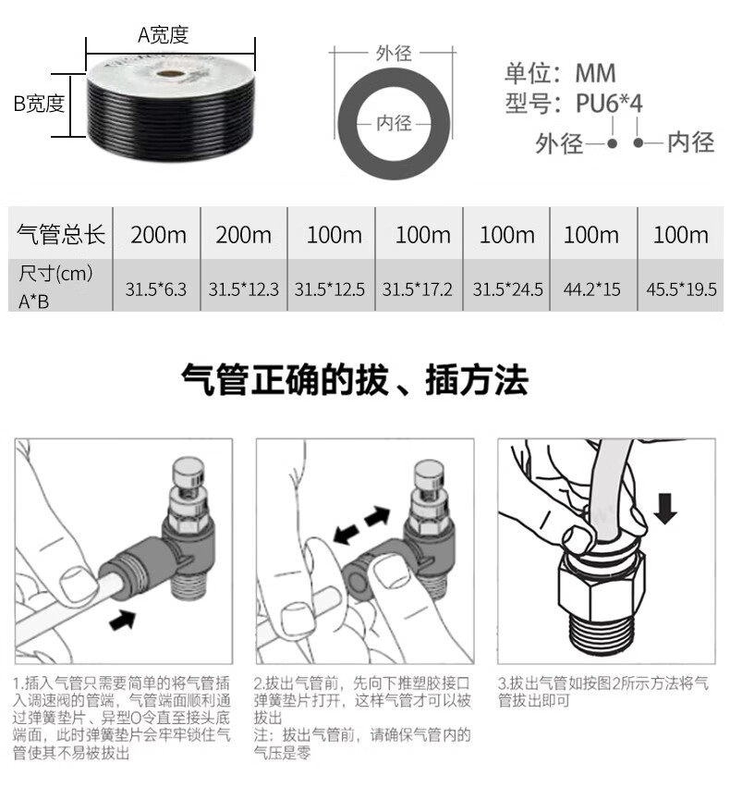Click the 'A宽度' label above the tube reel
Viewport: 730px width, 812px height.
pos(163,35)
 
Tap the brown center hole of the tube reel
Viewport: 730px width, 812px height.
pos(170,74)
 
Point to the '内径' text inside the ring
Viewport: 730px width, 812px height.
pos(395,123)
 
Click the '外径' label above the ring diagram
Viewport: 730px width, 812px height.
pos(395,53)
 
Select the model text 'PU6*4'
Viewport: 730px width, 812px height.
pos(609,103)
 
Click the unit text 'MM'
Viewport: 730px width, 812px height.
pos(595,73)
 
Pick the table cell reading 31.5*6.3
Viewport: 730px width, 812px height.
pos(156,289)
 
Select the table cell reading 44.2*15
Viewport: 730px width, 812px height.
pos(592,289)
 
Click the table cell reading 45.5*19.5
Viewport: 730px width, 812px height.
pos(681,289)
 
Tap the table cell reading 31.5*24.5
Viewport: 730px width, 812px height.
pos(507,289)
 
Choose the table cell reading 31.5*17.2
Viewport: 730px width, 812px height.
pos(417,289)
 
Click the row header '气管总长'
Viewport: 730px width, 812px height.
pos(61,234)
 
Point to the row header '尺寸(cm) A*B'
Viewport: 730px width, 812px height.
pos(55,287)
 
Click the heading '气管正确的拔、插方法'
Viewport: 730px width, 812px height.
pos(355,379)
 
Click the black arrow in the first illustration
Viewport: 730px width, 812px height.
pos(123,619)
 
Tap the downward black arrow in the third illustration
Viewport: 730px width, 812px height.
pos(665,509)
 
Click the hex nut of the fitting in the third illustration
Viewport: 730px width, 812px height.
pos(602,582)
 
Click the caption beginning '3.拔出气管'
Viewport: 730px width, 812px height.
pos(603,692)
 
